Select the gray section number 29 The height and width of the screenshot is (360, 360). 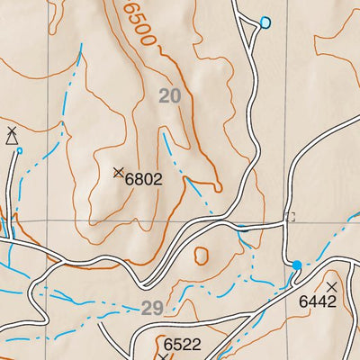tap(152, 308)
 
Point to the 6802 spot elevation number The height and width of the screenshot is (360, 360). tap(144, 179)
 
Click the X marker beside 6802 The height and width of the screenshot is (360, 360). tap(118, 172)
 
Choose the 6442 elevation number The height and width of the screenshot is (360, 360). tap(317, 301)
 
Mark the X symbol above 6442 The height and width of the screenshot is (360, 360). tap(331, 286)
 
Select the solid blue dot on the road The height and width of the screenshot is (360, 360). tap(297, 265)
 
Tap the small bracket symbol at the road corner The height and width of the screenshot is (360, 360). tap(290, 216)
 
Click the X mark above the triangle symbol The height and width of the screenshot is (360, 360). tap(11, 130)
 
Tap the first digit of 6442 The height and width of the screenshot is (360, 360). tap(303, 301)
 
